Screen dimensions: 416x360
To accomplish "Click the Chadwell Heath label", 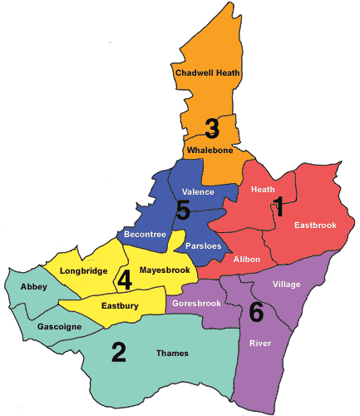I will point(208,73).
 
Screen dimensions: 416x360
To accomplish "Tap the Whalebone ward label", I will point(209,151).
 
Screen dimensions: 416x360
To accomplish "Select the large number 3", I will point(212,129).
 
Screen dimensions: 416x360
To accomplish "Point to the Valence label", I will point(198,192).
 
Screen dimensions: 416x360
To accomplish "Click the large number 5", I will point(183,211).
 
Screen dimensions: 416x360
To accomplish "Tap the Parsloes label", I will point(203,246).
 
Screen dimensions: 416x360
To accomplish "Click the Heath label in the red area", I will point(263,190).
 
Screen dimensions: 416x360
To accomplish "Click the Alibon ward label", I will point(247,260).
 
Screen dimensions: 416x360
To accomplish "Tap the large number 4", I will point(125,280).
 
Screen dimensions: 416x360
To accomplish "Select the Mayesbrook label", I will point(165,270).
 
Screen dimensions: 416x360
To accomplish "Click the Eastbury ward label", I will point(120,307).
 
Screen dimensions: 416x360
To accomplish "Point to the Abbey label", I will point(35,286).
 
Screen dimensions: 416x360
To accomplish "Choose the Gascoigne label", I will point(60,327).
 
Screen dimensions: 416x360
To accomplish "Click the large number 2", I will point(119,354).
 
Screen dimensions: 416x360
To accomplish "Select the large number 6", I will point(256,313).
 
